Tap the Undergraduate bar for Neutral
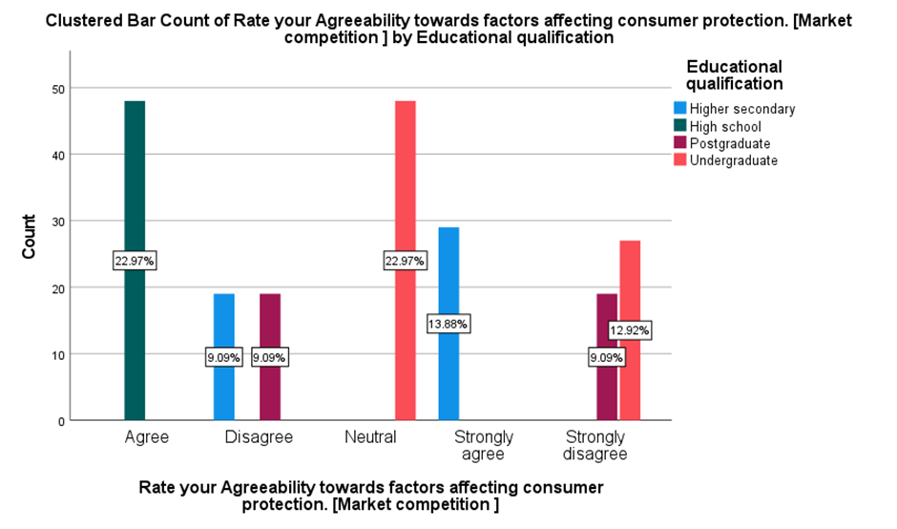point(406,191)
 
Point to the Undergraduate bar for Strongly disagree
point(630,286)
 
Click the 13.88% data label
point(448,325)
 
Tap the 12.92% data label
point(630,331)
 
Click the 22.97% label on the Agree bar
point(135,261)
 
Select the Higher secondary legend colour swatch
point(680,108)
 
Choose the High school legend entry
point(725,126)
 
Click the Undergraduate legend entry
point(733,160)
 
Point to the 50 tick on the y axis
point(58,89)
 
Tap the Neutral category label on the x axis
point(370,437)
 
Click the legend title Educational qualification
point(734,74)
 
